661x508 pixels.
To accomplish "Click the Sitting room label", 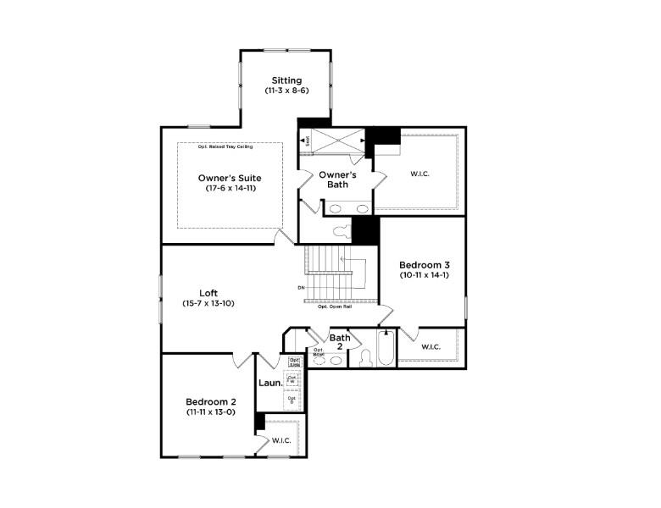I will pyautogui.click(x=286, y=80).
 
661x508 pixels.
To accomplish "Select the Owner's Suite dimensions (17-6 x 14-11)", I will pyautogui.click(x=230, y=188).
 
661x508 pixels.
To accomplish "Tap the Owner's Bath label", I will pyautogui.click(x=337, y=179).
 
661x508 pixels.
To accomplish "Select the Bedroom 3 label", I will pyautogui.click(x=424, y=264).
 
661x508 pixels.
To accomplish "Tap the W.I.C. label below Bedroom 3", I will pyautogui.click(x=430, y=346).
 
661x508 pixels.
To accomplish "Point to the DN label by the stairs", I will pyautogui.click(x=301, y=288).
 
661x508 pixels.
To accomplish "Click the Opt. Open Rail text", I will pyautogui.click(x=335, y=306).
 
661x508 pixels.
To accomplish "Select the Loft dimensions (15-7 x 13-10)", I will pyautogui.click(x=208, y=303).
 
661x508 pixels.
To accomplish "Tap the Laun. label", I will pyautogui.click(x=269, y=382).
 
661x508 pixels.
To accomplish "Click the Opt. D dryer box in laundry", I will pyautogui.click(x=292, y=400).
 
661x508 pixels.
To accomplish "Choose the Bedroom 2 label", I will pyautogui.click(x=211, y=401).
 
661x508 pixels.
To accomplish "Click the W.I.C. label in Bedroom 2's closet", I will pyautogui.click(x=281, y=440).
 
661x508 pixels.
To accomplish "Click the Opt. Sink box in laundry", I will pyautogui.click(x=294, y=362).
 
